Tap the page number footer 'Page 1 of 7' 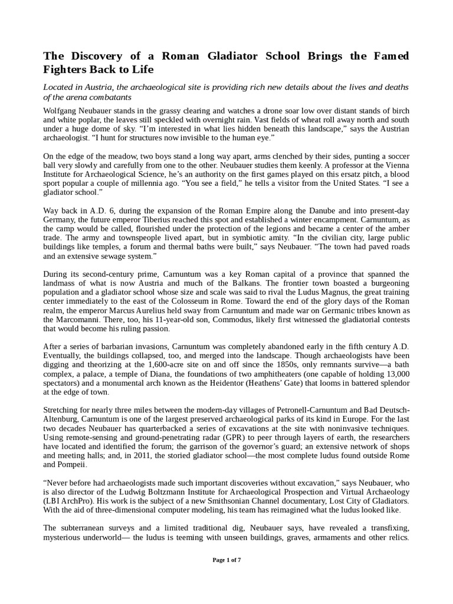[x=226, y=560]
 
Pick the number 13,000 [x=393, y=375]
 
